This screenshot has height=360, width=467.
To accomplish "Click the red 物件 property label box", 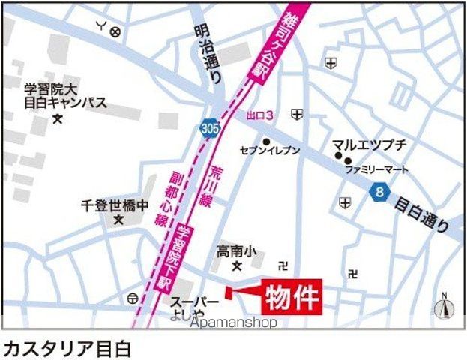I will click(x=292, y=296).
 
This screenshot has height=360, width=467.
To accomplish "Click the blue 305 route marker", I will click(x=211, y=130).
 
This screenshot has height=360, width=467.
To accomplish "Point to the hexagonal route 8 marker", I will click(x=381, y=193).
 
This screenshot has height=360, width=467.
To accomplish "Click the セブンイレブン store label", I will click(x=270, y=151).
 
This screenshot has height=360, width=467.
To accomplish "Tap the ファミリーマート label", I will click(x=377, y=169).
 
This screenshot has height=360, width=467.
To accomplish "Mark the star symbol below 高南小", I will click(x=237, y=266).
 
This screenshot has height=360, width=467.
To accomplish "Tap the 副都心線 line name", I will click(x=164, y=199).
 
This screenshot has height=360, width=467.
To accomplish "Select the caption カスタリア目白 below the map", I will click(x=67, y=348).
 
